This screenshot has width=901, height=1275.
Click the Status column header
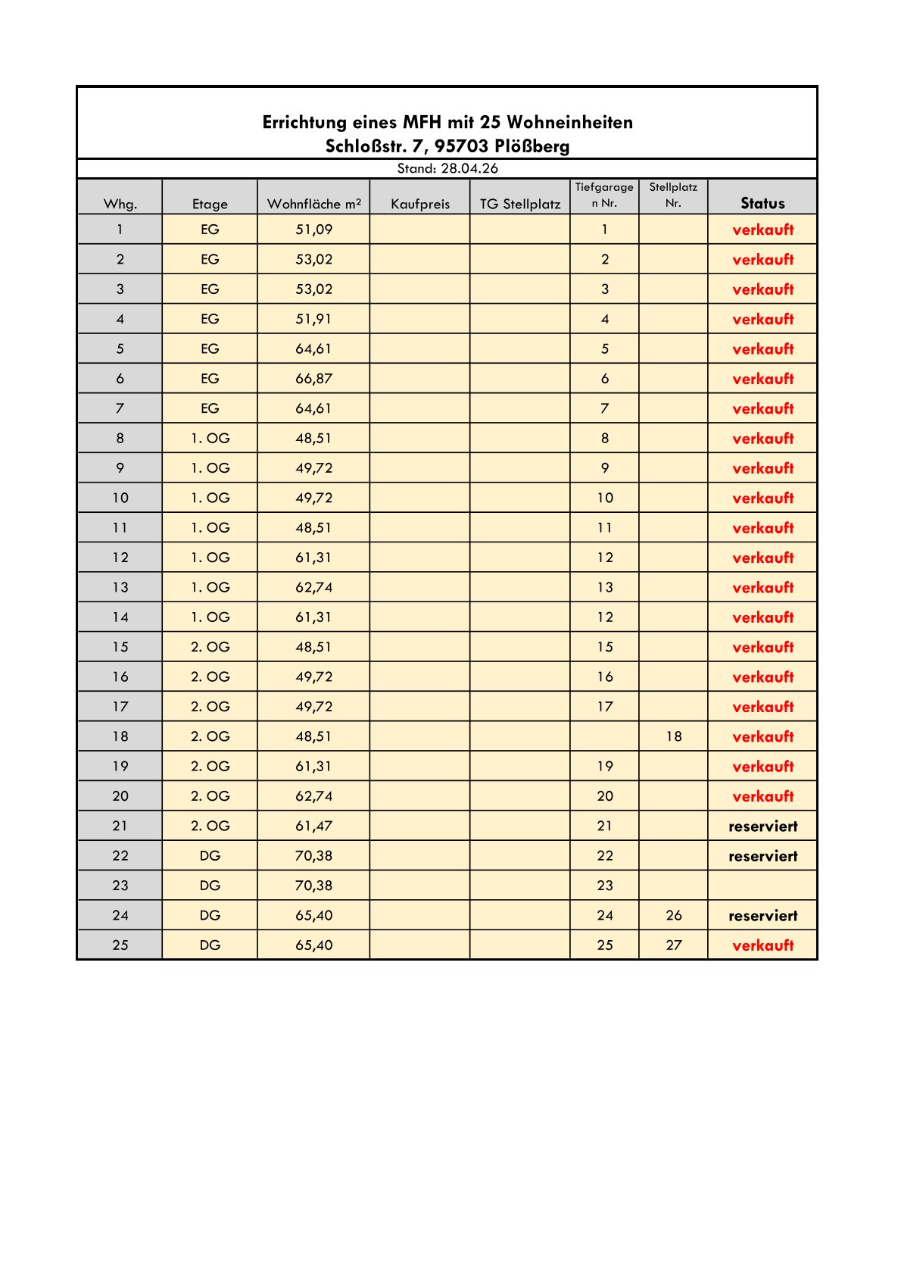(762, 203)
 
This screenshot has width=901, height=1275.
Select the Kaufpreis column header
(420, 204)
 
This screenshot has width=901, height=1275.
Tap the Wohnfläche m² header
(313, 204)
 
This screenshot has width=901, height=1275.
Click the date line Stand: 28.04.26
(447, 168)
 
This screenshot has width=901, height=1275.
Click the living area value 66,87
(313, 379)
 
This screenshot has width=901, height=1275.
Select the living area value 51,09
(313, 230)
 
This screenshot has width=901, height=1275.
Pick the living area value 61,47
(313, 826)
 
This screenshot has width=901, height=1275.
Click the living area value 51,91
(313, 319)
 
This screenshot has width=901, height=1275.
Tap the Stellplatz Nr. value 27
(673, 945)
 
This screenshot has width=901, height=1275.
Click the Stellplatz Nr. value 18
(673, 736)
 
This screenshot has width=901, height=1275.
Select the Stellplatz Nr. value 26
(673, 915)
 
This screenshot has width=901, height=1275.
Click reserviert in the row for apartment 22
(762, 856)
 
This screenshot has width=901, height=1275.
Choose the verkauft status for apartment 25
(762, 945)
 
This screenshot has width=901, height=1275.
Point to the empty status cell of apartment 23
(762, 886)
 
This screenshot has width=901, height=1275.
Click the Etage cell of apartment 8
(210, 439)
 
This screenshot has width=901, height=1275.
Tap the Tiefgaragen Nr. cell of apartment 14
(604, 617)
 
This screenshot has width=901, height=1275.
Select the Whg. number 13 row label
(120, 588)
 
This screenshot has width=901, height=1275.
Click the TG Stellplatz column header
(520, 204)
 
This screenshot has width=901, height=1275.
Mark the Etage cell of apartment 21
(210, 826)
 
